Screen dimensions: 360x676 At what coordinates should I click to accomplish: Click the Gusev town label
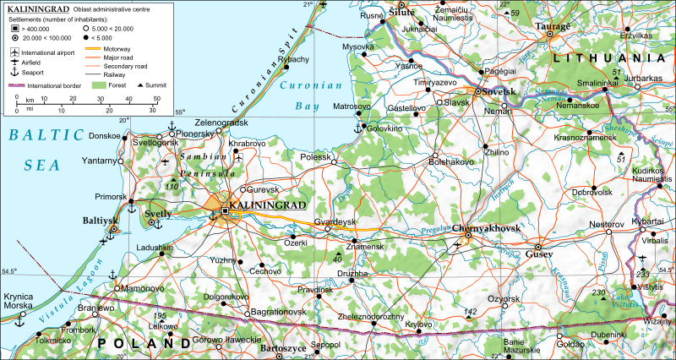[538, 254]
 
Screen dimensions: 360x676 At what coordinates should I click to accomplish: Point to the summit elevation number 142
[471, 312]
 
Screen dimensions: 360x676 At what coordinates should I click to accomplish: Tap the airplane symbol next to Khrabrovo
[241, 157]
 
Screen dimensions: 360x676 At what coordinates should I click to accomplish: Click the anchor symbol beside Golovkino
[357, 128]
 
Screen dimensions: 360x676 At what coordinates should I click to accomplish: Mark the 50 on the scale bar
[155, 109]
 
